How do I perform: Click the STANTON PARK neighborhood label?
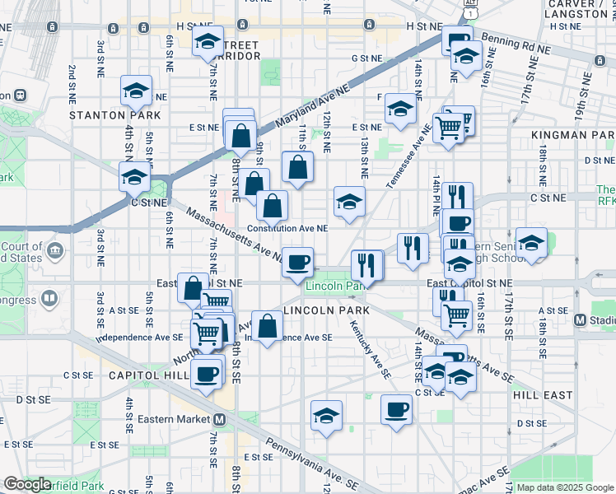coord(103,115)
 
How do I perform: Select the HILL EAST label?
coord(542,395)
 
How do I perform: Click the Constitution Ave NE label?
coord(288,228)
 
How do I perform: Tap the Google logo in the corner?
coord(26,484)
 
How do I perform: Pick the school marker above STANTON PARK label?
coord(136,91)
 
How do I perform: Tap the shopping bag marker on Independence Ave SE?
coord(267,327)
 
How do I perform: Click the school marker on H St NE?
coord(208,40)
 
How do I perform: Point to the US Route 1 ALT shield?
coord(470,10)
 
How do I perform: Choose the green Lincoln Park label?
coord(334,287)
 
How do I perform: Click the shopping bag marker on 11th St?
coord(297,167)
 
